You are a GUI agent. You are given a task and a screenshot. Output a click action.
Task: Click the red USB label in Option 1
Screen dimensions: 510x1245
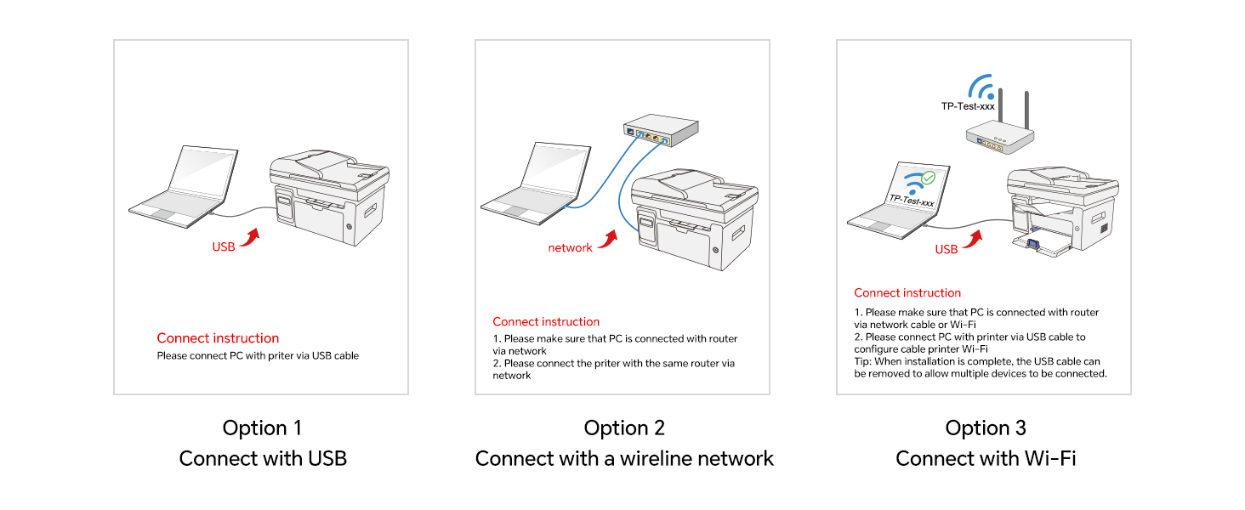(x=224, y=246)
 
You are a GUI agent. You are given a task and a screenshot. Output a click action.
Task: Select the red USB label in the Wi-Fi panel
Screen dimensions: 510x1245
(x=947, y=249)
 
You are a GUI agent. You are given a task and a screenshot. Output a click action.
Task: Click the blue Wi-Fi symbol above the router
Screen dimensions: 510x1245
(x=981, y=87)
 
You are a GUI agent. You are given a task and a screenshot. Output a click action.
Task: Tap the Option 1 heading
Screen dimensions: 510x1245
(x=262, y=428)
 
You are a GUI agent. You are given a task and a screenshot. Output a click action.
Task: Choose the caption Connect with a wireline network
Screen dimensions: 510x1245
(x=624, y=459)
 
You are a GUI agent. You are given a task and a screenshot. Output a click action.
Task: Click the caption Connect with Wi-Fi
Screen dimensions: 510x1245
(x=986, y=459)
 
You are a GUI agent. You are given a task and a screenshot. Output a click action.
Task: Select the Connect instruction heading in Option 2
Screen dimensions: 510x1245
(x=546, y=321)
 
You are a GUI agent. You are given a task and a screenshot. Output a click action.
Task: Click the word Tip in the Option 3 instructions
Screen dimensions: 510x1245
(x=863, y=361)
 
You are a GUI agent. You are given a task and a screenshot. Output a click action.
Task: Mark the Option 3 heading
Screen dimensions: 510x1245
(x=986, y=428)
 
